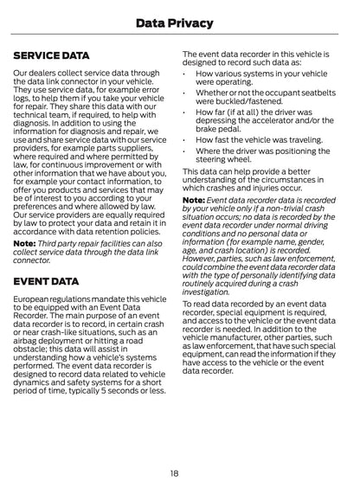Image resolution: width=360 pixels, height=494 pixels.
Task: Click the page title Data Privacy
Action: click(x=179, y=21)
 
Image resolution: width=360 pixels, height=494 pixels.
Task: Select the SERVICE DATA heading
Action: click(x=52, y=55)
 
